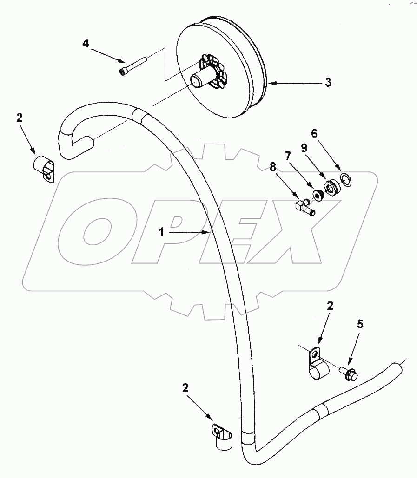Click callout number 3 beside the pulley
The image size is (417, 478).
[x=328, y=83]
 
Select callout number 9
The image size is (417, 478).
[x=304, y=148]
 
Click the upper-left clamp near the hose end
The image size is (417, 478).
[x=45, y=169]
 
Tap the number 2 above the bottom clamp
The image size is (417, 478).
[x=185, y=388]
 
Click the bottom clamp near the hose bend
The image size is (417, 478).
[x=223, y=437]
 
